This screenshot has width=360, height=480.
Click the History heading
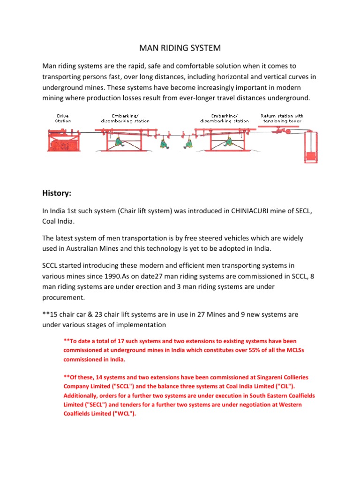coord(59,193)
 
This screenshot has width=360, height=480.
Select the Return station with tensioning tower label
coord(282,118)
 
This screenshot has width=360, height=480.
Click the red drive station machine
coord(65,141)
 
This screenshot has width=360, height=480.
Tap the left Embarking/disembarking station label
coord(125,118)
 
